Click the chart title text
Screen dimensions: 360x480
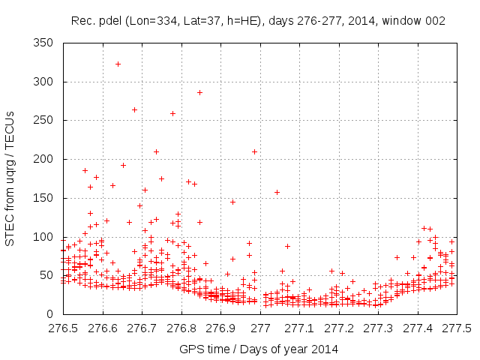258,21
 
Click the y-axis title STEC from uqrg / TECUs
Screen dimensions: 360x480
10,178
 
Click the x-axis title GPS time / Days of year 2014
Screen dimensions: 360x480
258,349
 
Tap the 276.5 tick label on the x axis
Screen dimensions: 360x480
63,328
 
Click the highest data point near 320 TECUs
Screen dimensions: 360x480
118,64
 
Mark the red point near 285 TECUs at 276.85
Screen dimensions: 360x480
199,92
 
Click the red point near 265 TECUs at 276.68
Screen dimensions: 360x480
134,109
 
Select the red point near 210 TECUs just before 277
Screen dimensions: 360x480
254,151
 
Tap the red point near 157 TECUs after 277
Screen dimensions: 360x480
277,192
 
